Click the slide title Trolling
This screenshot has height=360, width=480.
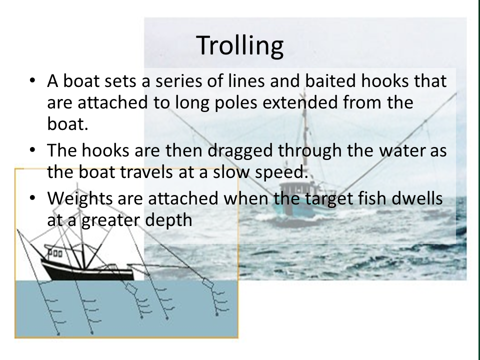[240, 45]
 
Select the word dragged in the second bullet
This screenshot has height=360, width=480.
[240, 151]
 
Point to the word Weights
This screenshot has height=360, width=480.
[79, 199]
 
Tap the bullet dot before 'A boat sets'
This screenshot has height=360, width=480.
[32, 81]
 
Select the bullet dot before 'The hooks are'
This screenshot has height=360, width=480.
[32, 150]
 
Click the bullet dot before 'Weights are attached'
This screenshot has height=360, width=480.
[32, 198]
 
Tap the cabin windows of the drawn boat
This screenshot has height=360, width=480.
[55, 253]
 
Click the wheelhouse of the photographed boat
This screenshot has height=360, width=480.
[295, 191]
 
